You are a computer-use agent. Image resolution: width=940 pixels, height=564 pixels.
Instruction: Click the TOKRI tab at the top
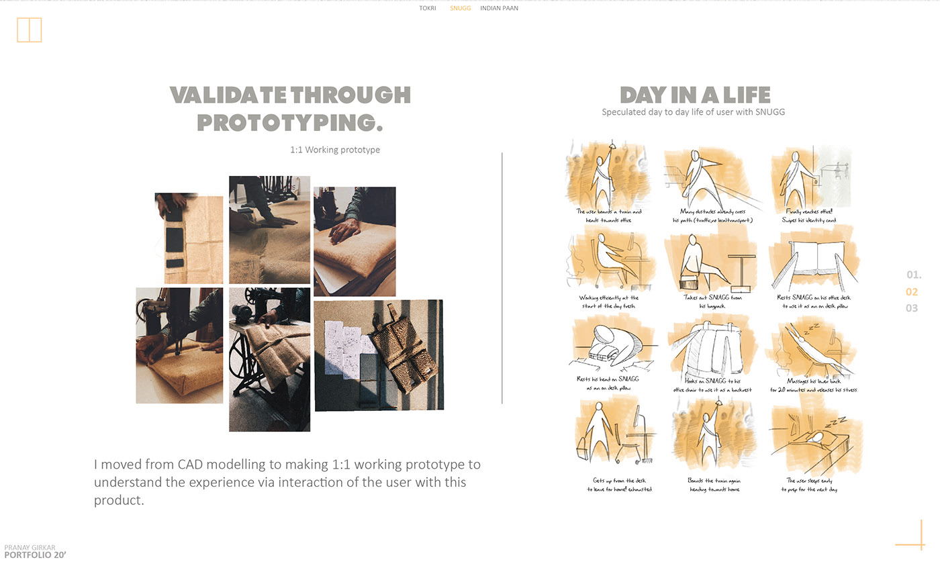[x=427, y=8]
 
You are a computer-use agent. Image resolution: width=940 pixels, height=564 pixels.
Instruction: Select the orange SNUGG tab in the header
[x=461, y=8]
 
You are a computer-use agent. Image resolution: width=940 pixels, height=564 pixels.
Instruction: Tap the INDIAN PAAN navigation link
[x=499, y=8]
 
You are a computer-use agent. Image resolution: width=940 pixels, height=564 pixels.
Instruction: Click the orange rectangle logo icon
[x=29, y=30]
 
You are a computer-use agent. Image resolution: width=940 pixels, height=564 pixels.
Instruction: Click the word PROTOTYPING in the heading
[x=290, y=122]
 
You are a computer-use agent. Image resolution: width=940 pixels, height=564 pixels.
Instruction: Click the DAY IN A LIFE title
[x=695, y=95]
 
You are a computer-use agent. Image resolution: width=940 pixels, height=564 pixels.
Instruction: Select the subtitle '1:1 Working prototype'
[x=335, y=150]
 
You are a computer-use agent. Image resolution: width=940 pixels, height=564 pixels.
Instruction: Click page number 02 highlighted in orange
[x=912, y=291]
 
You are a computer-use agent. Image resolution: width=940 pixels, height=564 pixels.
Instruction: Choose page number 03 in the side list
[x=912, y=308]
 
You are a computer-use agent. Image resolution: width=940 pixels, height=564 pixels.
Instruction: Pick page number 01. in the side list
[x=914, y=275]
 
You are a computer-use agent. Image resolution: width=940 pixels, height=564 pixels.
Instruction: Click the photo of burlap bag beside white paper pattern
[x=379, y=354]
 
